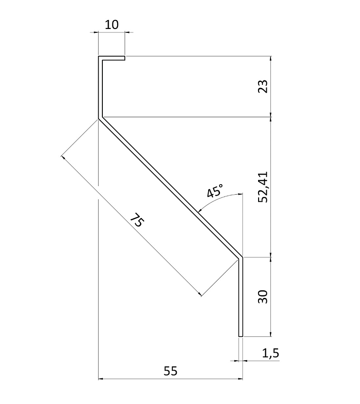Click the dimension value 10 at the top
point(111,25)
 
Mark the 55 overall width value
point(170,371)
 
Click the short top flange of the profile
point(112,58)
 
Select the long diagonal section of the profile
point(170,187)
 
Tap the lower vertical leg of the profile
point(240,297)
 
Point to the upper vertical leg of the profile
point(100,88)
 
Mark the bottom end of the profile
point(240,336)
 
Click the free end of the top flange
point(124,58)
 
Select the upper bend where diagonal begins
point(100,118)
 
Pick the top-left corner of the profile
point(99,57)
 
